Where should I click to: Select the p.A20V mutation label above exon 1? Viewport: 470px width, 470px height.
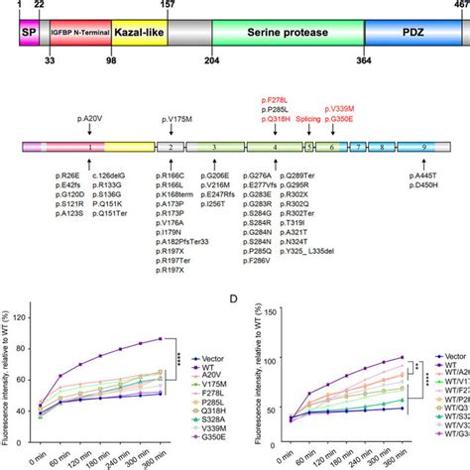click(90, 117)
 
